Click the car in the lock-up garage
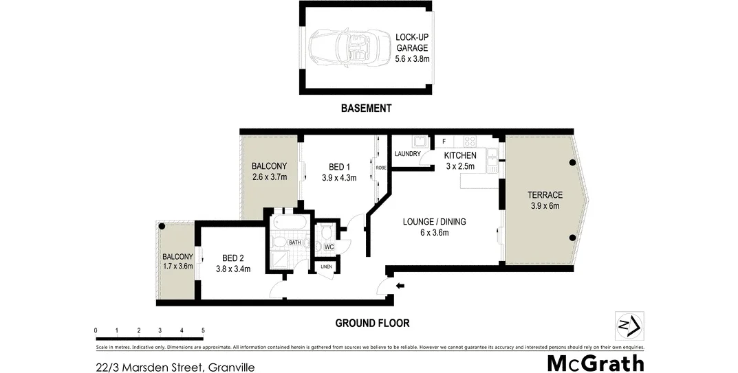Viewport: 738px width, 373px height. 341,48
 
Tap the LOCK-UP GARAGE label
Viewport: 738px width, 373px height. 412,48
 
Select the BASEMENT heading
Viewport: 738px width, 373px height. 367,109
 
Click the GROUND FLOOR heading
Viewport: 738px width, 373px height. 372,323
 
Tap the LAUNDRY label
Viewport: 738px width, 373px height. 407,154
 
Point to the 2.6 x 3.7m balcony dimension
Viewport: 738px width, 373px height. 269,177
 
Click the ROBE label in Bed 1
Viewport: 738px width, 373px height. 380,168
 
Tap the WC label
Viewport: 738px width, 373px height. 329,246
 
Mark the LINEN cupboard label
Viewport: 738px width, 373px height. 326,267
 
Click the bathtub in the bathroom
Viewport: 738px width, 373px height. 290,224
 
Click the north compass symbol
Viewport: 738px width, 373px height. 629,326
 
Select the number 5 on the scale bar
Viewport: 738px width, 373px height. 203,330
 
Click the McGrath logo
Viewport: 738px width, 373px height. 595,363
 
